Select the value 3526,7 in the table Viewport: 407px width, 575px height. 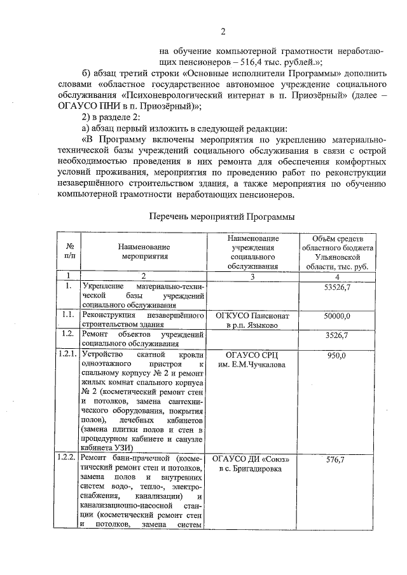338,334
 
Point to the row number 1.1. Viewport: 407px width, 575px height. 66,315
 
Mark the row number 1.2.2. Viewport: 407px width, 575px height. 67,458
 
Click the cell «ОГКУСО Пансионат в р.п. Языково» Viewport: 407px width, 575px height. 252,320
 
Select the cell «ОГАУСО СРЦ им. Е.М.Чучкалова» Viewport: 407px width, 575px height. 252,359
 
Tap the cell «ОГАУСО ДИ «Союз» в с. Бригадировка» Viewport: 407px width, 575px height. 252,464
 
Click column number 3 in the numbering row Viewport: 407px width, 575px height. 252,276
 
